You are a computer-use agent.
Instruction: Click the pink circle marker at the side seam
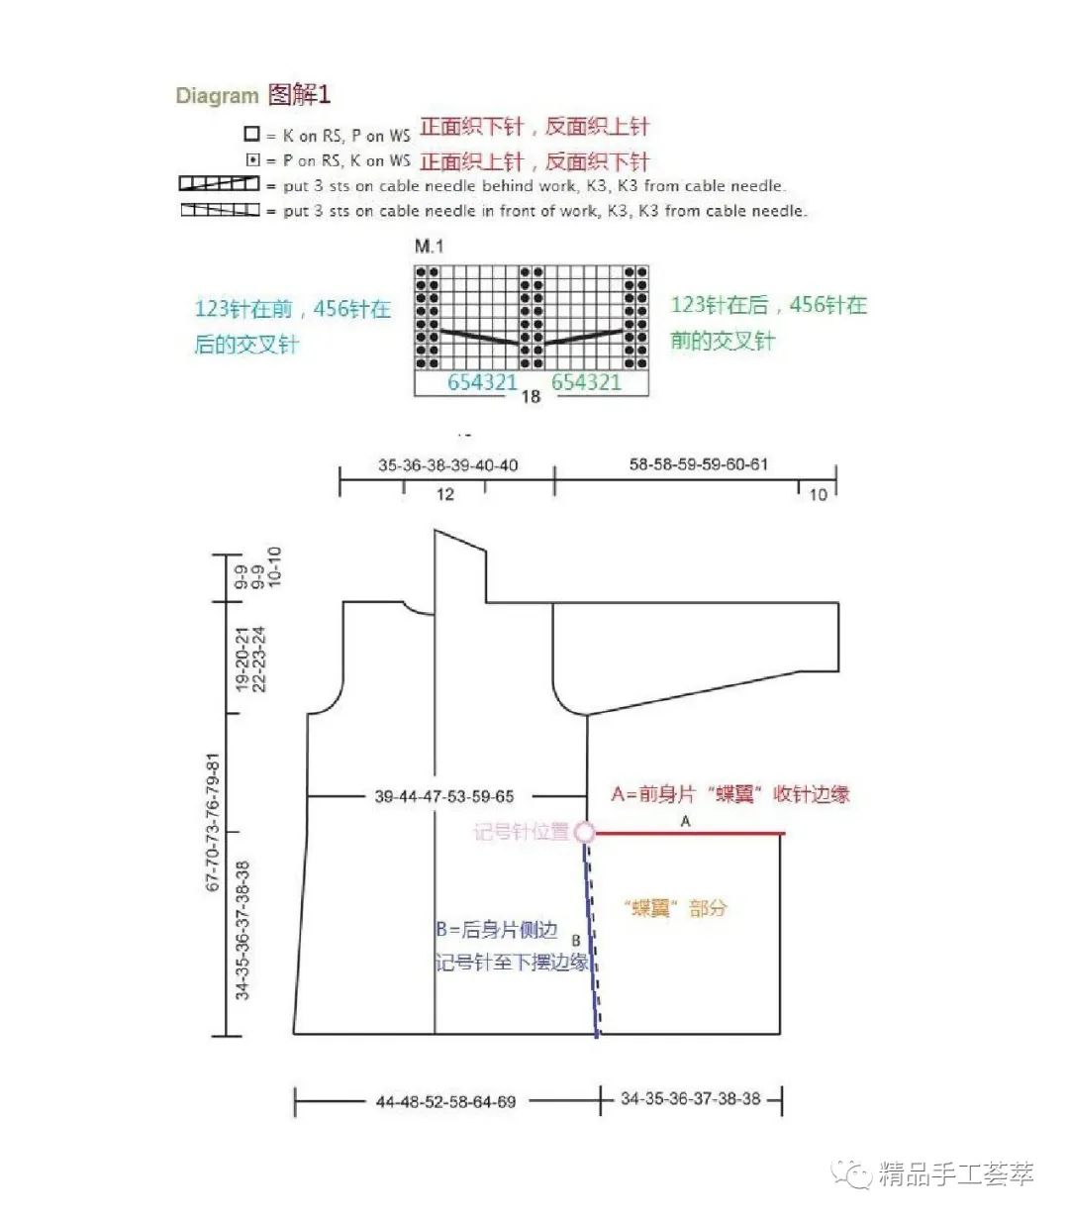[x=585, y=833]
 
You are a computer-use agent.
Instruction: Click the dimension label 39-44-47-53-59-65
[x=444, y=796]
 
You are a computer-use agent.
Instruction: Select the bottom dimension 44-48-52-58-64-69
[x=445, y=1101]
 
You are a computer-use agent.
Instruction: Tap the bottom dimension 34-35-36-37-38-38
[x=691, y=1098]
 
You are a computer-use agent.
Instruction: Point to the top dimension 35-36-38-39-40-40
[x=447, y=465]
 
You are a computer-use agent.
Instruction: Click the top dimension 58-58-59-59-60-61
[x=699, y=463]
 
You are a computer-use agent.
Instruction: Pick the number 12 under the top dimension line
[x=445, y=494]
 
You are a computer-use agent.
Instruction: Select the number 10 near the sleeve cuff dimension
[x=818, y=494]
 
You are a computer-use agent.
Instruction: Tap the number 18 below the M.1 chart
[x=531, y=396]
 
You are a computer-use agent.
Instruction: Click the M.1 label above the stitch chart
[x=429, y=246]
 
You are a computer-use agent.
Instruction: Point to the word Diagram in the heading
[x=217, y=96]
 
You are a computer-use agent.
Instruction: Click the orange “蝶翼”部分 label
[x=676, y=908]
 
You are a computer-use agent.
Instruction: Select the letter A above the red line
[x=685, y=821]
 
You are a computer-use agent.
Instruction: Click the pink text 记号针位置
[x=521, y=832]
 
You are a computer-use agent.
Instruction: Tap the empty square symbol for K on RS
[x=252, y=134]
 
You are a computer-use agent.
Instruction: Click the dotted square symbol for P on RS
[x=252, y=159]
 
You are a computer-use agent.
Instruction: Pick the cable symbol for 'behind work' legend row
[x=219, y=184]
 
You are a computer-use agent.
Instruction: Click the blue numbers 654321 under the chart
[x=482, y=382]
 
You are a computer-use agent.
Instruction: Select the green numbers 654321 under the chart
[x=586, y=382]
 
